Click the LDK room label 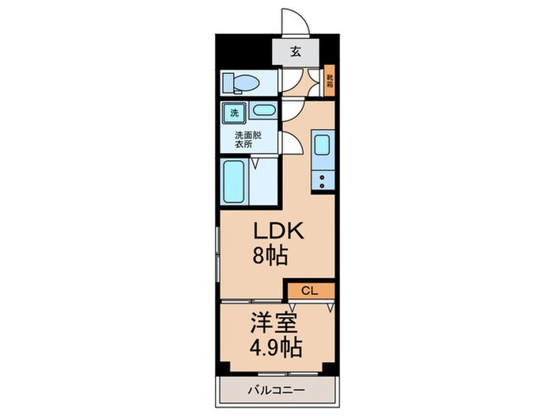point(277,231)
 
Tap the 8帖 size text point(270,255)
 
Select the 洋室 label point(274,323)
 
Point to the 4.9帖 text point(276,348)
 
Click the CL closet point(311,291)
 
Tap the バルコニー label point(276,391)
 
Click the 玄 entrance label point(296,52)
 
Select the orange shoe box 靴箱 point(330,80)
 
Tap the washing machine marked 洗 point(234,113)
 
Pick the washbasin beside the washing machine point(264,111)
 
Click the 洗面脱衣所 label point(247,139)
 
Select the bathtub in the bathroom point(233,181)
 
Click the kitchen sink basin point(322,144)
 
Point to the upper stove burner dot point(322,178)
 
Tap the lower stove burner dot point(322,185)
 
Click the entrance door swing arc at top point(300,17)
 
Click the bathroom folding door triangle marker point(255,162)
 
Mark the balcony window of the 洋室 point(288,373)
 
